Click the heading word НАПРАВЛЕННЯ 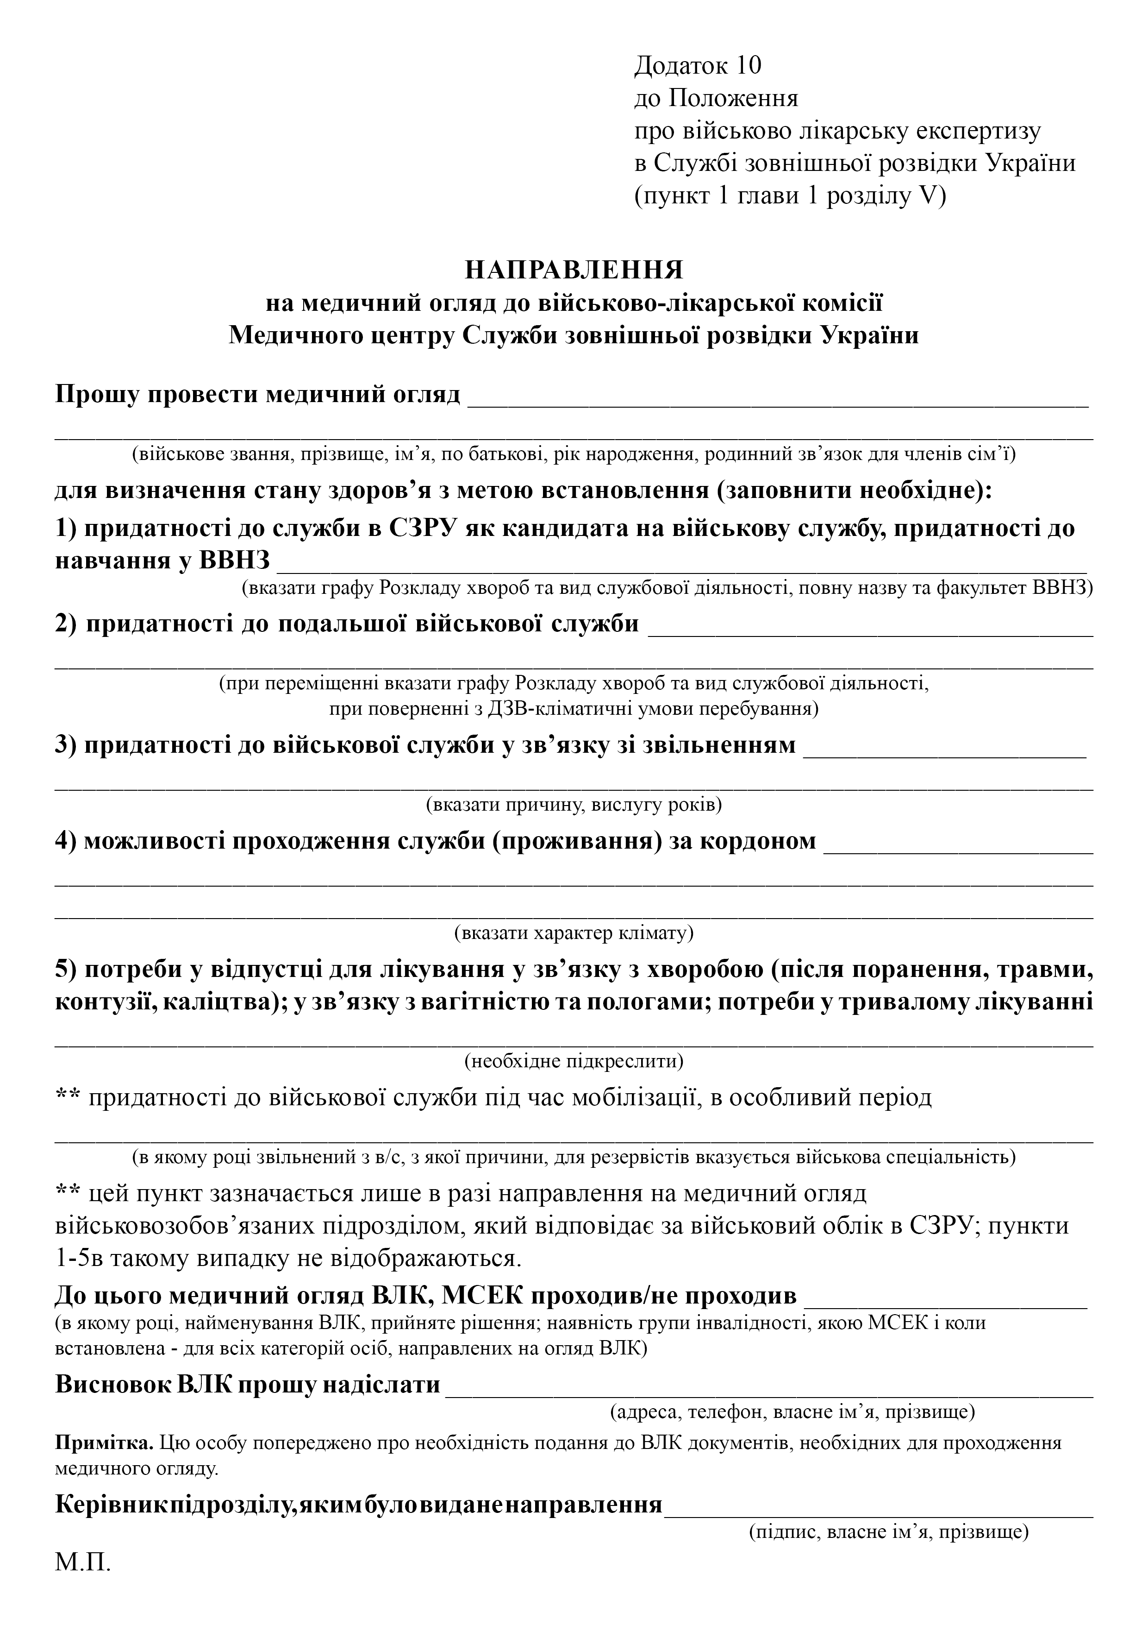pos(574,271)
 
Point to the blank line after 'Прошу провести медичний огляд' pos(778,403)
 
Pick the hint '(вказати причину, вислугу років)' pos(574,805)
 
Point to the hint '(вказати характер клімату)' pos(574,933)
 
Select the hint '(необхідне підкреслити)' pos(574,1061)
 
